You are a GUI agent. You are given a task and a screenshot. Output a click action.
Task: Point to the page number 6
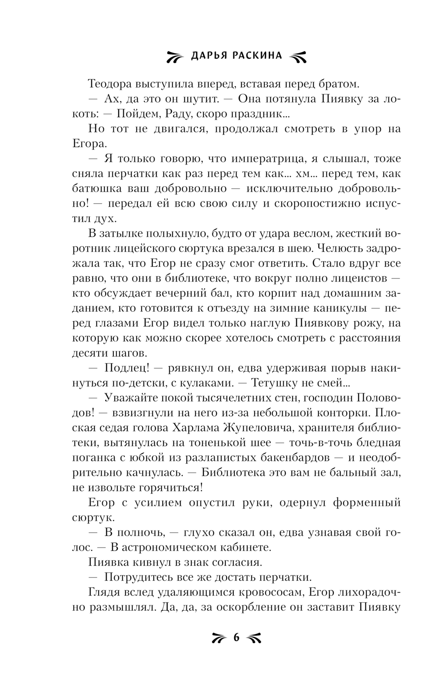236,637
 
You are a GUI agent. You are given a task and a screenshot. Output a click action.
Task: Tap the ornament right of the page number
253,638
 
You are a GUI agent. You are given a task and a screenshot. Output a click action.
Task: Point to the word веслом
279,233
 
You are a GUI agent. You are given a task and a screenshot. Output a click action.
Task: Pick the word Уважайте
130,398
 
